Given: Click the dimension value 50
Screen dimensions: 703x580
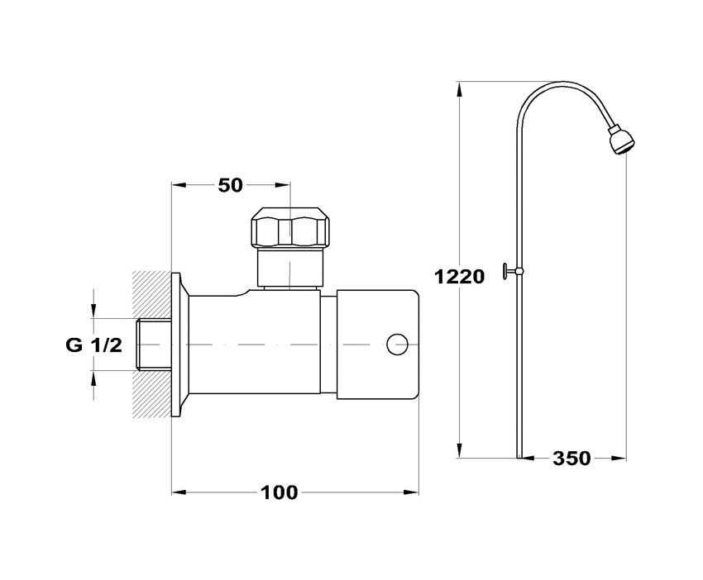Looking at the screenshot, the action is pos(231,185).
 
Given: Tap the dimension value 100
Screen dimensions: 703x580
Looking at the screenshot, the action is pos(279,492).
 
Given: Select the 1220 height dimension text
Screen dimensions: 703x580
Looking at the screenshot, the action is pos(460,277).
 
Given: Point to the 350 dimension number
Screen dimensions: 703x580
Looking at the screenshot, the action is pos(571,459).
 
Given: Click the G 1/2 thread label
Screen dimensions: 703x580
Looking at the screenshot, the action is pos(93,345).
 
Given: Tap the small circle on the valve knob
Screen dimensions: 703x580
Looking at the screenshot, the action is pos(397,345).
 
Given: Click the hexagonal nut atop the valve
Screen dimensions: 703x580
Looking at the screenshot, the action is pos(291,227).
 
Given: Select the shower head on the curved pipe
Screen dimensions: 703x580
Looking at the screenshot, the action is pos(621,141).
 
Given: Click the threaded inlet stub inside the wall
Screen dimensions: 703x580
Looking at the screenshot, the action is pos(154,345).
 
